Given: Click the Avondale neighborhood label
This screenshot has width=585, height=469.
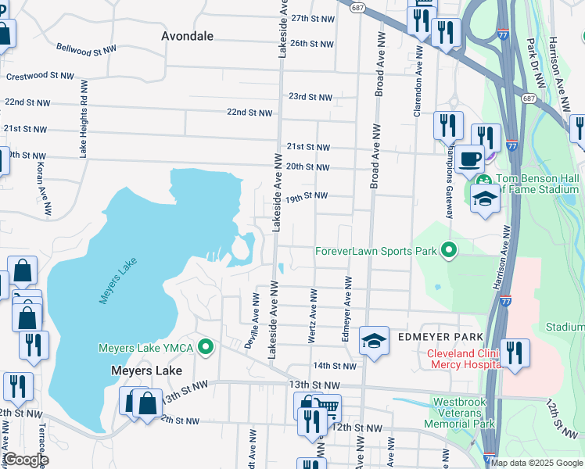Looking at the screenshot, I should tap(186, 36).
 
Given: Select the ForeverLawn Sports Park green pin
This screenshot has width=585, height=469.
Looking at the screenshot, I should tap(448, 251).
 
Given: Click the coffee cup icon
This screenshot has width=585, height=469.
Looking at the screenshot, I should tap(469, 159).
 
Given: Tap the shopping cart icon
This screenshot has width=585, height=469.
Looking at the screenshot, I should tap(327, 407).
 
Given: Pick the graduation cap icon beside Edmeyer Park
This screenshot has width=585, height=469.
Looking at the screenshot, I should tap(374, 340).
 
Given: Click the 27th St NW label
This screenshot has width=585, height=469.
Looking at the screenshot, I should tap(312, 18).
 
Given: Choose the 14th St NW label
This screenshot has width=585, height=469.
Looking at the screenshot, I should tap(334, 365).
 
